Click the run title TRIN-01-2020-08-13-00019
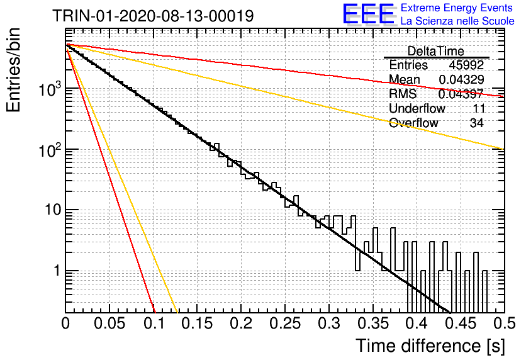(x=153, y=16)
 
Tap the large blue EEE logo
(x=369, y=14)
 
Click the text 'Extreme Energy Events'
(x=457, y=8)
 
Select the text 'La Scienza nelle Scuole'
(x=457, y=21)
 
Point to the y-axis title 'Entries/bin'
(x=13, y=70)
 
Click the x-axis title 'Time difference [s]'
(x=430, y=346)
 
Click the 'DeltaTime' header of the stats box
(x=436, y=51)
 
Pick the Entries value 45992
(x=466, y=65)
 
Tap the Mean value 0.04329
(x=461, y=79)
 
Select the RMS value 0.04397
(x=461, y=94)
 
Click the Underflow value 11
(x=479, y=108)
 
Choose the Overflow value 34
(x=477, y=123)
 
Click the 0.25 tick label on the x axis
(x=286, y=323)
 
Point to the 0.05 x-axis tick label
(x=109, y=323)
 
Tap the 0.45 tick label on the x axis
(x=461, y=323)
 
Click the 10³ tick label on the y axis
(x=50, y=89)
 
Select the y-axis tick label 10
(x=53, y=210)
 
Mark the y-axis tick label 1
(x=58, y=271)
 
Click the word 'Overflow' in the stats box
(x=413, y=123)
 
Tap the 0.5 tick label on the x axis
(x=505, y=323)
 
